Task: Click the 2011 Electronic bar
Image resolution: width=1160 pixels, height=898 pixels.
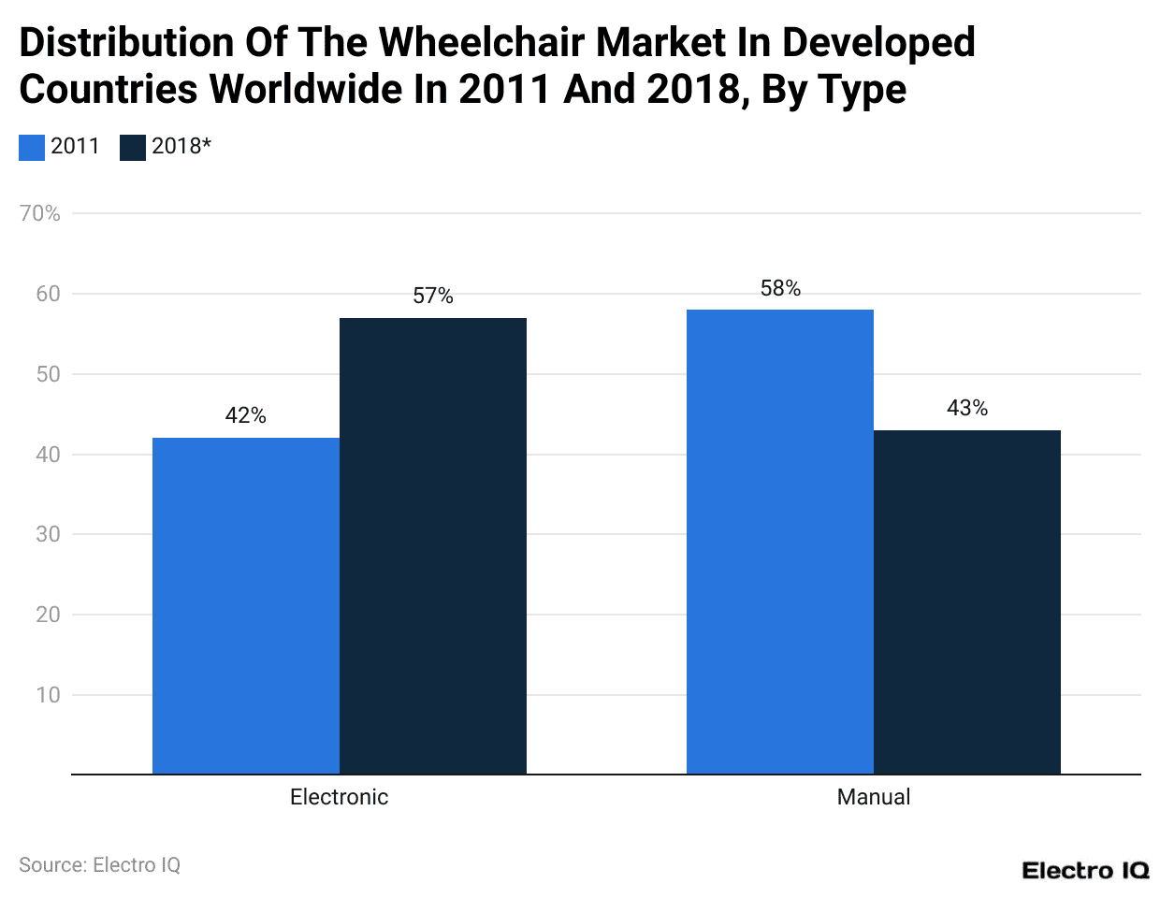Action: point(246,605)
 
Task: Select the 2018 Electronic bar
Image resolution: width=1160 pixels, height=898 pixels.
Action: point(433,546)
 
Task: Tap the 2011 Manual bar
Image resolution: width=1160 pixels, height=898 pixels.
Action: point(780,542)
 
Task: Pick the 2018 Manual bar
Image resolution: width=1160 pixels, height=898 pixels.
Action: point(967,601)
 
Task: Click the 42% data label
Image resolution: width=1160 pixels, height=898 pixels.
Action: point(246,415)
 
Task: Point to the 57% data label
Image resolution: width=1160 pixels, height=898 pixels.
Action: point(433,296)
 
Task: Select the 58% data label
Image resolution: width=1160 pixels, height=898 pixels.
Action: point(780,288)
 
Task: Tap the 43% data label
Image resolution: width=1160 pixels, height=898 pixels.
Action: point(967,408)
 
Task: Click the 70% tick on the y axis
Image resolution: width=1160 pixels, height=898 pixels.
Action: point(40,213)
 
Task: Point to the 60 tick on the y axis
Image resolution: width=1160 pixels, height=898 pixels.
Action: point(48,294)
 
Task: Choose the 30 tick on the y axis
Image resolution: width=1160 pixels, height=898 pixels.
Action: point(48,534)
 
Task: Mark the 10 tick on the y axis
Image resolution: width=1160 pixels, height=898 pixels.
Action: point(48,695)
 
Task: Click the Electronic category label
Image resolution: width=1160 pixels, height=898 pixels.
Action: point(339,797)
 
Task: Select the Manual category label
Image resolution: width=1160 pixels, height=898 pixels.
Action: point(873,797)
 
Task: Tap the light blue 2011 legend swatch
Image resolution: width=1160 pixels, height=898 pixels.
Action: point(32,147)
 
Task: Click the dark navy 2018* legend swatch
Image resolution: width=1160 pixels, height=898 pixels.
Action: point(133,147)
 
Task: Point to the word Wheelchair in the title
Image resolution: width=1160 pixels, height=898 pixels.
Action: point(483,43)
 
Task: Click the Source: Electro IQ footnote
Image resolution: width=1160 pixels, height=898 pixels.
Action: point(99,865)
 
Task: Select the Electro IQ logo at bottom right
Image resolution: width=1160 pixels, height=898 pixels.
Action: point(1085,871)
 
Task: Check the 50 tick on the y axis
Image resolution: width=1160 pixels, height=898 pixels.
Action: point(48,374)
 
